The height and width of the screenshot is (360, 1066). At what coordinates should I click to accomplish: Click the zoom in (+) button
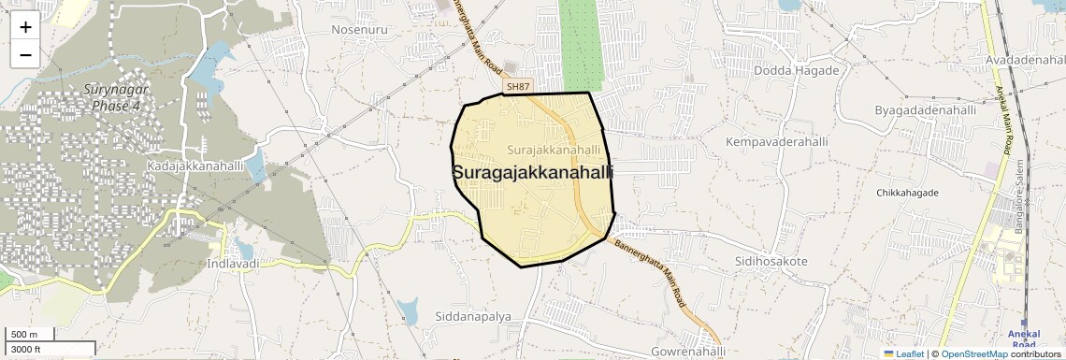[x=25, y=27]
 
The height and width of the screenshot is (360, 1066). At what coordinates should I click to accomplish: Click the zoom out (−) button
[x=25, y=54]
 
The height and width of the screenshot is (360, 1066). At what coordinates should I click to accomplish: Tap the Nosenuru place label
[x=360, y=30]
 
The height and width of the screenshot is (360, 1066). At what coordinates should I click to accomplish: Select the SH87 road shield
[x=517, y=87]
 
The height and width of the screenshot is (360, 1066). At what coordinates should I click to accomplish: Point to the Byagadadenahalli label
[x=925, y=110]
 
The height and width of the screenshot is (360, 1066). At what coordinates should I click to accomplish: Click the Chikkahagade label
[x=907, y=193]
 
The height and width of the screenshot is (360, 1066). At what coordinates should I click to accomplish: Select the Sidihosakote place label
[x=771, y=261]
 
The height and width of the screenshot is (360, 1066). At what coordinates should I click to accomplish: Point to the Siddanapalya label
[x=473, y=317]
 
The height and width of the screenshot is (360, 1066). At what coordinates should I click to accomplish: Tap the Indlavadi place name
[x=231, y=265]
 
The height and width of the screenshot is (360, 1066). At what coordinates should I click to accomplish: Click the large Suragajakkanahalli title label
[x=532, y=173]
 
